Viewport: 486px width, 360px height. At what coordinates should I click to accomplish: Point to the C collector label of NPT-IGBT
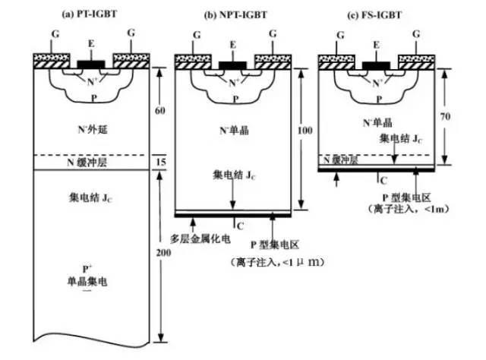coord(239,225)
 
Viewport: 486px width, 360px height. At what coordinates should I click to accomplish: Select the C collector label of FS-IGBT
coord(383,182)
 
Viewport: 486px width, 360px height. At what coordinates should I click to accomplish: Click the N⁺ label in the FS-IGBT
coord(377,77)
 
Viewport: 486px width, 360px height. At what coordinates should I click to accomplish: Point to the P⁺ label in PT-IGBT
coord(89,269)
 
